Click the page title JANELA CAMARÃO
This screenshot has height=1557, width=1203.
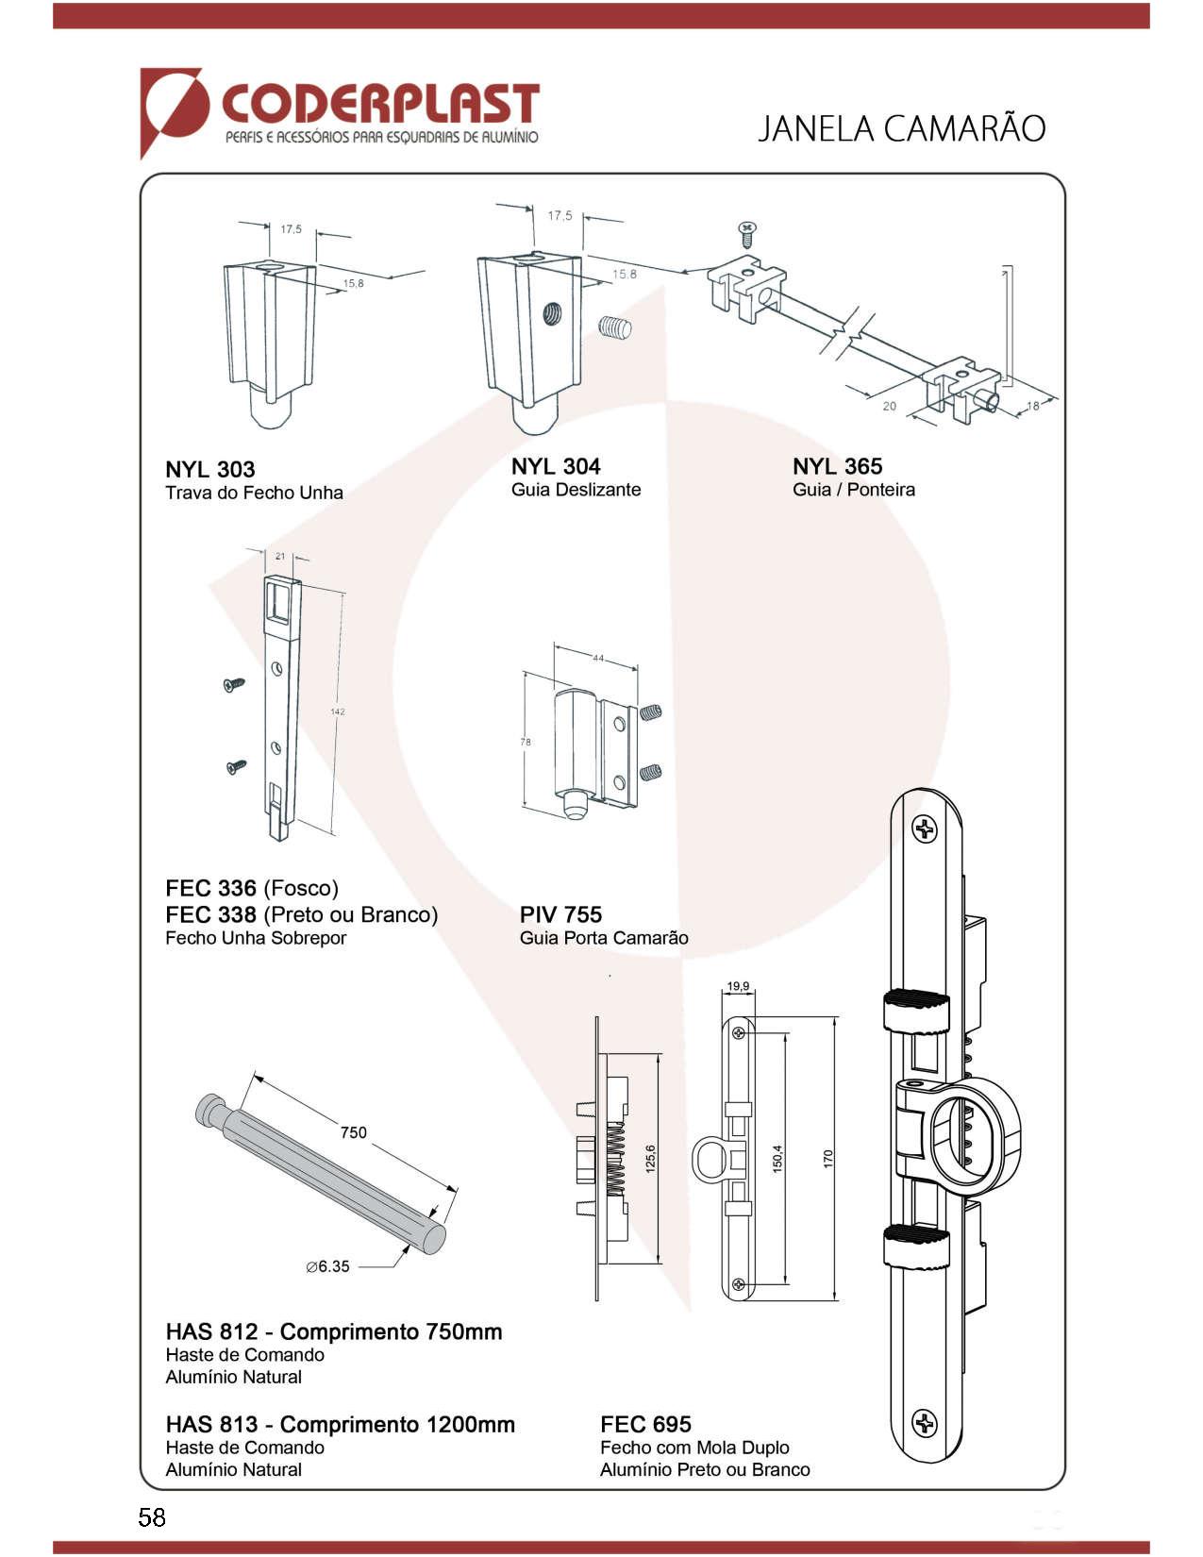pyautogui.click(x=901, y=128)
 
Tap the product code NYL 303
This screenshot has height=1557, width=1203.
pyautogui.click(x=210, y=469)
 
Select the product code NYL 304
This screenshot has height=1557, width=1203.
pyautogui.click(x=556, y=466)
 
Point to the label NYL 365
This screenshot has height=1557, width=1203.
pyautogui.click(x=837, y=466)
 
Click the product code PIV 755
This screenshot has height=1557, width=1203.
pyautogui.click(x=560, y=914)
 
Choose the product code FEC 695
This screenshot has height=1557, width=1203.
pyautogui.click(x=645, y=1424)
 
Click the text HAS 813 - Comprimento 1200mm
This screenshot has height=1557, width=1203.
pyautogui.click(x=341, y=1424)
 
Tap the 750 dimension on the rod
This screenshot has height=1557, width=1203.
pyautogui.click(x=354, y=1132)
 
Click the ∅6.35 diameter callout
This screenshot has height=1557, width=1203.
pyautogui.click(x=327, y=1266)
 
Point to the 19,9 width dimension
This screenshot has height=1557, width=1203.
pyautogui.click(x=738, y=987)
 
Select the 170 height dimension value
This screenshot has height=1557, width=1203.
pyautogui.click(x=828, y=1158)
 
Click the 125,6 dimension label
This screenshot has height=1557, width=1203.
pyautogui.click(x=650, y=1158)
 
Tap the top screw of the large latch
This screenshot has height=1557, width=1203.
pyautogui.click(x=925, y=830)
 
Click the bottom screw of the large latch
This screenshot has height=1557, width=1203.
pyautogui.click(x=925, y=1423)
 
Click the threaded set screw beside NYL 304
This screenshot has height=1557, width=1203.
pyautogui.click(x=615, y=327)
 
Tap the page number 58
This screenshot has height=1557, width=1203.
pyautogui.click(x=152, y=1517)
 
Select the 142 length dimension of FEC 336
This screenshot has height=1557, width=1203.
pyautogui.click(x=338, y=712)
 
